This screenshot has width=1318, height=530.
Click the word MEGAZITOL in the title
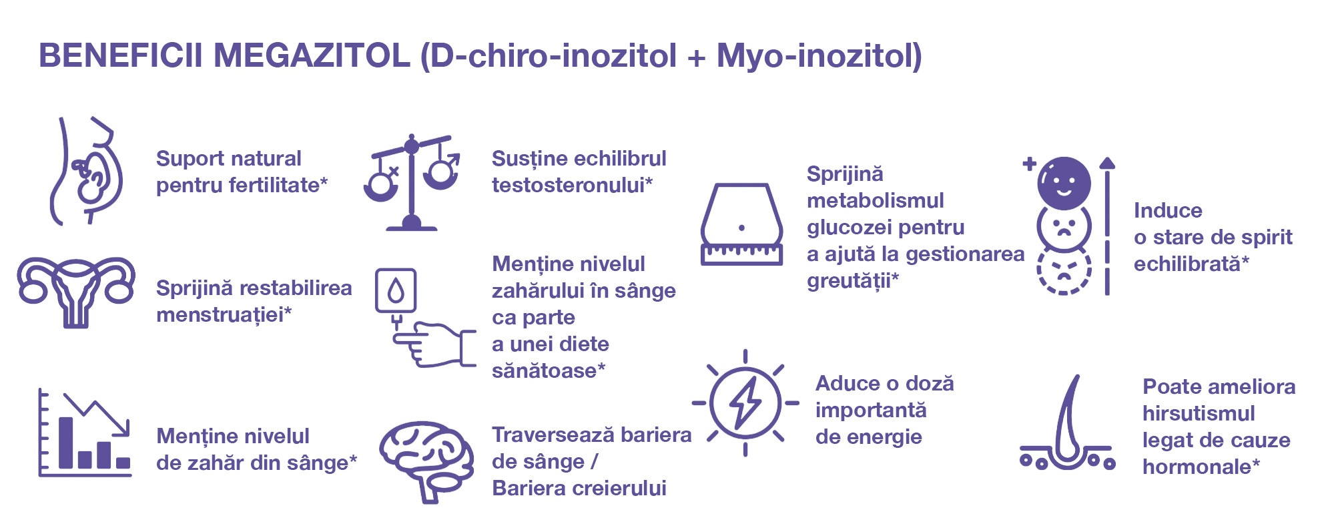(x=311, y=55)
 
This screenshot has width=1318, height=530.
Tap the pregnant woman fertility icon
(x=87, y=171)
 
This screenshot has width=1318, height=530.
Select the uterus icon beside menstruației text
(x=76, y=292)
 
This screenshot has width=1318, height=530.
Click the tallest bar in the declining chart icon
(x=65, y=443)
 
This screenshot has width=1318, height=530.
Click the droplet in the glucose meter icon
(x=396, y=290)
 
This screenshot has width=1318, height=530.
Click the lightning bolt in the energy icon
(x=745, y=403)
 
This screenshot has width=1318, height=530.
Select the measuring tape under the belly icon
(x=741, y=254)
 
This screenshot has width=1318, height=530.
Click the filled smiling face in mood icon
(x=1064, y=183)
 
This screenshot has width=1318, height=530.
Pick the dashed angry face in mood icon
(x=1064, y=270)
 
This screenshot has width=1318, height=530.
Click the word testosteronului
(x=572, y=185)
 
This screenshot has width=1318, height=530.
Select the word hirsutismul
(x=1199, y=413)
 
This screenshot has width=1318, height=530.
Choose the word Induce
(x=1168, y=210)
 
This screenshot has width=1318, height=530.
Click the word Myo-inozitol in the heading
(x=819, y=55)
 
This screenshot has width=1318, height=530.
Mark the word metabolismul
(x=876, y=200)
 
